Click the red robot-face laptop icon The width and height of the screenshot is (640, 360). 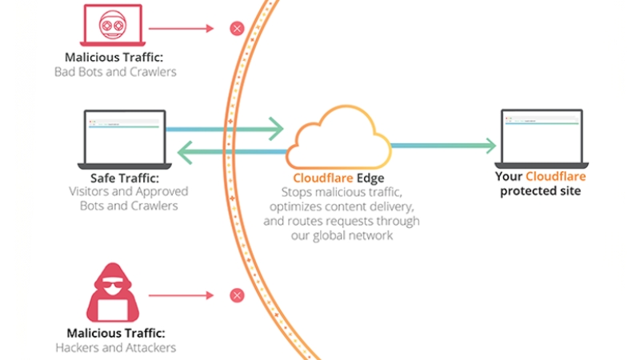point(111,26)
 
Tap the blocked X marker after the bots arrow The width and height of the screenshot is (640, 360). point(236,29)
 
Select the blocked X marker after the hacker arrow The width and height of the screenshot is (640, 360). point(236,295)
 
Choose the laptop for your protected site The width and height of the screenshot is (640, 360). point(541,136)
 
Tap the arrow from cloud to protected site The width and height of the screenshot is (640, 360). point(444,145)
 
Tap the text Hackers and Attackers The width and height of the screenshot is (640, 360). point(116,347)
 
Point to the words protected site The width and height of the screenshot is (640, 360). point(541,191)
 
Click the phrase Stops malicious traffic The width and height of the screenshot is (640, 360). point(340,193)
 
